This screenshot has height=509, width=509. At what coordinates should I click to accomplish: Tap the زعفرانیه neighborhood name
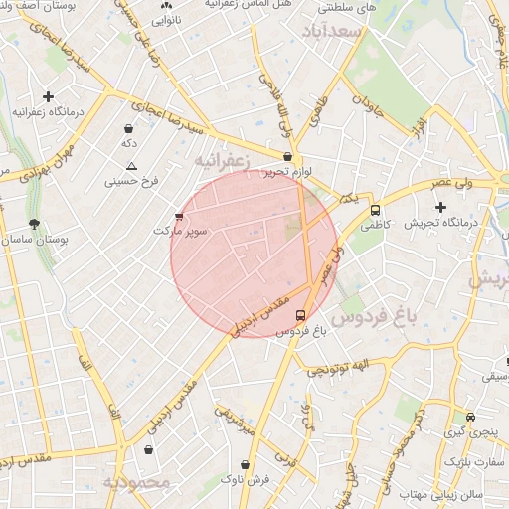coord(220,159)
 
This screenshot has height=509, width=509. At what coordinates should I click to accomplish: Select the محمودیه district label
coord(136,482)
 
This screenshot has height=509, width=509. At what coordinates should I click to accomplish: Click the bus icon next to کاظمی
coord(375,210)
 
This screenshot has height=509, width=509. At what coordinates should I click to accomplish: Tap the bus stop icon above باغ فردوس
coord(301,315)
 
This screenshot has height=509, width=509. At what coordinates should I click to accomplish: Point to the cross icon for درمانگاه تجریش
coord(440,207)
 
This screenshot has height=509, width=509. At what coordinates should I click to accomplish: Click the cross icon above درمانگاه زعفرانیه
coord(48,96)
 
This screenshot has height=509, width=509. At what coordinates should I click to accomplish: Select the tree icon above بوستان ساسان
coord(36,225)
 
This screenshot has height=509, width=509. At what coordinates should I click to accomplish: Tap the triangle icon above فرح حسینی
coord(131,166)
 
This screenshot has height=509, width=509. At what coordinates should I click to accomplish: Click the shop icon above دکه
coord(129,128)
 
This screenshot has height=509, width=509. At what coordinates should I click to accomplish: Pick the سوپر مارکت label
coord(180,231)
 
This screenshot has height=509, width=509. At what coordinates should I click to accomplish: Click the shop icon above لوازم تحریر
coord(288,156)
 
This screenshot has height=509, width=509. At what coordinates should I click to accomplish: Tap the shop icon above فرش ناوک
coord(245,464)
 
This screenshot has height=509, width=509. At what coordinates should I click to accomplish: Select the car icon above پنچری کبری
coord(470,418)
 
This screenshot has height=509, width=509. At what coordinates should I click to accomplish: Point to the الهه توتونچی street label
coord(343,369)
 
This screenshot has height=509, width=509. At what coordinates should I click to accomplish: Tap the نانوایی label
coord(165,19)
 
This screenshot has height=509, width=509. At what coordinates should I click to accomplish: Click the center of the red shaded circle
coord(254,254)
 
